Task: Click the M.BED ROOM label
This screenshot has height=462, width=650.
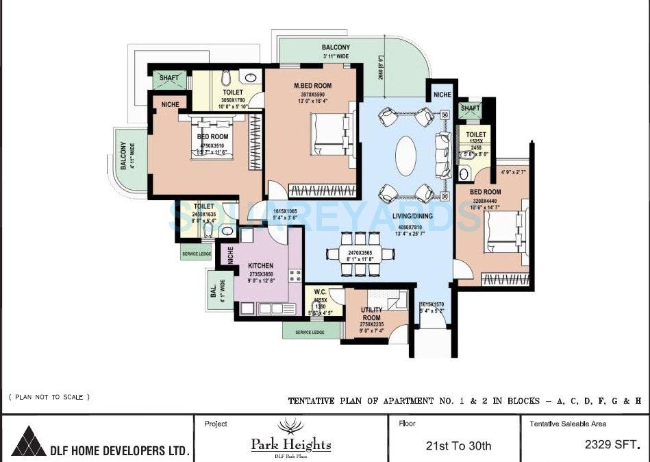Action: tap(312, 86)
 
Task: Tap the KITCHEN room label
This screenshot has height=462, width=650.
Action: tap(260, 266)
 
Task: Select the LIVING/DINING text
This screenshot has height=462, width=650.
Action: tap(411, 216)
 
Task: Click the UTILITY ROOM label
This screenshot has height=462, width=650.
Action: tap(371, 314)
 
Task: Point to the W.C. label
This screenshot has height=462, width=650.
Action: tap(319, 291)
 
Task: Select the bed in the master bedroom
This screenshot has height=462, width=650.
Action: tap(333, 134)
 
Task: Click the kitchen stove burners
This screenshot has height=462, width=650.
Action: tap(295, 276)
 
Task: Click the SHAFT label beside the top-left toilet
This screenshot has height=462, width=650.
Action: tap(169, 78)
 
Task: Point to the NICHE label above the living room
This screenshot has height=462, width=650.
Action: tap(442, 95)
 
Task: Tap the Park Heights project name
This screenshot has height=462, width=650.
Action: tap(290, 445)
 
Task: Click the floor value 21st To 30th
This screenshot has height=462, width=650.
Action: tap(458, 446)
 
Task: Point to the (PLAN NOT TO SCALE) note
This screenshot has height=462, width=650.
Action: tap(49, 397)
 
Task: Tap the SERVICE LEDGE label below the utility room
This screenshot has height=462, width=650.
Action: tap(310, 332)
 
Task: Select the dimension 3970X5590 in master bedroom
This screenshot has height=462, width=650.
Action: tap(312, 95)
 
